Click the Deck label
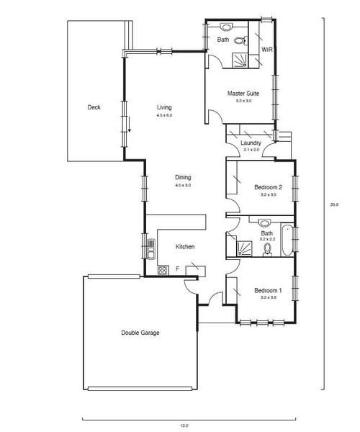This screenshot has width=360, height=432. click(94, 107)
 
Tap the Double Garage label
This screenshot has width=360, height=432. click(140, 333)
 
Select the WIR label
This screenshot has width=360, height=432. click(267, 50)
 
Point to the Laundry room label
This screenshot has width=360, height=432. click(251, 143)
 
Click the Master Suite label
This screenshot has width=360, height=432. click(243, 94)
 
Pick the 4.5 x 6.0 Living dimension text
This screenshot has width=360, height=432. click(164, 115)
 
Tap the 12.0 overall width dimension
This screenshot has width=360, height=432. click(184, 426)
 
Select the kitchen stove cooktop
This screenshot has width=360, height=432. click(163, 270)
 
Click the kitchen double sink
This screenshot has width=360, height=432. click(151, 249)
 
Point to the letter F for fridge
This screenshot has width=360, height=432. click(178, 269)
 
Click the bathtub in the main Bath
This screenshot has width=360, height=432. click(287, 240)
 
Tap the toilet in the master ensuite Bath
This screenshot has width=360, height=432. click(240, 41)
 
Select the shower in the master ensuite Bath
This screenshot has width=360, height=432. click(240, 60)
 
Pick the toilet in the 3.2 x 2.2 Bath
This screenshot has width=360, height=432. click(267, 250)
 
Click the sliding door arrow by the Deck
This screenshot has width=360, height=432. click(129, 125)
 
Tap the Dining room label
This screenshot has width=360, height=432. click(183, 177)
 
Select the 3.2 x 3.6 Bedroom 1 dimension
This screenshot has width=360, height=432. click(269, 297)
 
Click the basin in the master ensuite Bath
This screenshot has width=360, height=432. click(226, 27)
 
